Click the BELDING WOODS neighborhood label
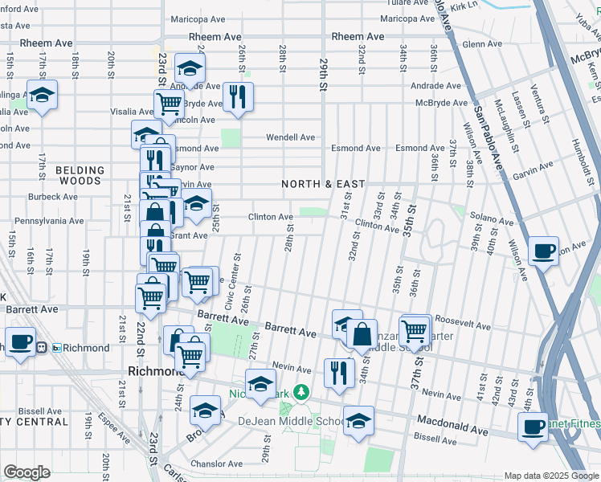[x=80, y=176]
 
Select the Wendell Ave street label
[x=291, y=137]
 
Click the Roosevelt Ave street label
[x=463, y=326]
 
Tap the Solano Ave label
[x=491, y=220]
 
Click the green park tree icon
[x=300, y=392]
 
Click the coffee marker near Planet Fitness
[x=532, y=427]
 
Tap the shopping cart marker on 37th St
[x=415, y=329]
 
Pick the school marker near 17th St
[x=42, y=95]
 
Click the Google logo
[x=27, y=472]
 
